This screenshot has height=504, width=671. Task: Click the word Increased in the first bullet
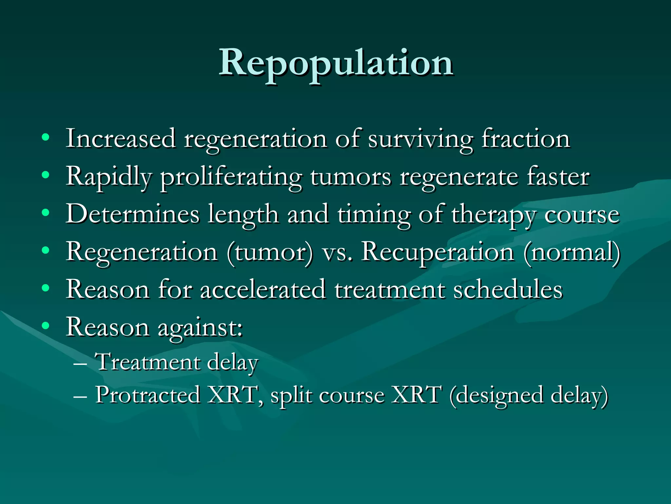(x=120, y=139)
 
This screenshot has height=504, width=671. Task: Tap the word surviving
(x=420, y=139)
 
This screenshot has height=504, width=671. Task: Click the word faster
(x=558, y=177)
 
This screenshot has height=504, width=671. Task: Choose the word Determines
(x=132, y=214)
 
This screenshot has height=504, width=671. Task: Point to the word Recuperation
(x=437, y=252)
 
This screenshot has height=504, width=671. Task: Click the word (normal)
(x=572, y=252)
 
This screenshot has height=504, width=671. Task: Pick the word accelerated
(x=262, y=290)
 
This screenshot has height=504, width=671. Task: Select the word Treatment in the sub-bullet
(x=147, y=362)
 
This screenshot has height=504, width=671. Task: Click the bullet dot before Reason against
(x=46, y=326)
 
